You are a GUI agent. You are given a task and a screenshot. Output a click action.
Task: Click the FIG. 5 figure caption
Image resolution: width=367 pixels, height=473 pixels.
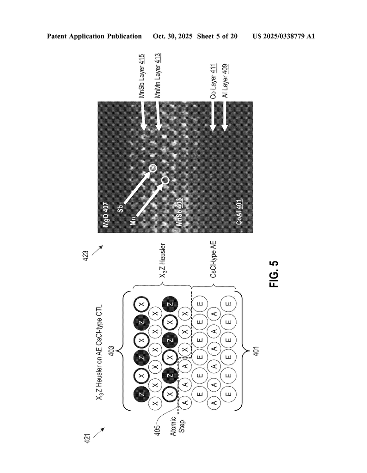(274, 274)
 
